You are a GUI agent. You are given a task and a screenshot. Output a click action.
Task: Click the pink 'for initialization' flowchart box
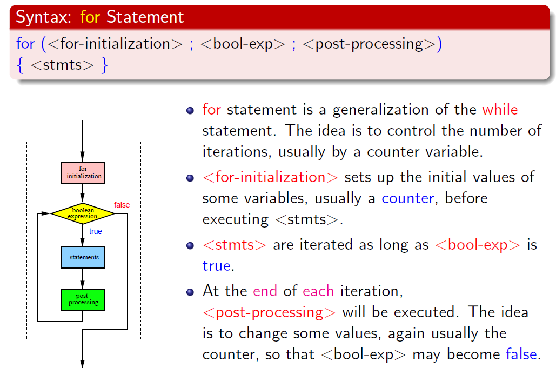(83, 173)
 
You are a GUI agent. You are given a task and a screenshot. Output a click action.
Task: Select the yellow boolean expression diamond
(83, 213)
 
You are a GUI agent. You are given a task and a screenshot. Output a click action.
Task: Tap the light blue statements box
(83, 257)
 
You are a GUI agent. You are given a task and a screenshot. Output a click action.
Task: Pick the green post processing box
(83, 299)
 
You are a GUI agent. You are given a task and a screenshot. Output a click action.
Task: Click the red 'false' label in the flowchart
(122, 205)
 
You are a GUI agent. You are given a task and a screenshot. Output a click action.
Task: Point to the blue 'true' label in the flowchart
(96, 231)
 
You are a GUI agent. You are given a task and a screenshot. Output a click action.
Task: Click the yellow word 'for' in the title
(90, 17)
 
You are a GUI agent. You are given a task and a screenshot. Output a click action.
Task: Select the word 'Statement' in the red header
(145, 17)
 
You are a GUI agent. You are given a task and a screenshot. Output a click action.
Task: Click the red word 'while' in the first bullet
(500, 109)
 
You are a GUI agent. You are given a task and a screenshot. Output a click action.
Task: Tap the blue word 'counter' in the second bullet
(408, 198)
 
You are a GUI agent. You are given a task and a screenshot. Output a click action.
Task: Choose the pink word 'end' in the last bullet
(265, 291)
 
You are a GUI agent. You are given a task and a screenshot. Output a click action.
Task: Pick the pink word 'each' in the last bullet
(318, 291)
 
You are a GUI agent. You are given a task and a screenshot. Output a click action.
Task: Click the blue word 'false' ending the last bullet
(521, 354)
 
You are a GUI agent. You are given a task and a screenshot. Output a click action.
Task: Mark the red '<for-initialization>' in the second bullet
(270, 177)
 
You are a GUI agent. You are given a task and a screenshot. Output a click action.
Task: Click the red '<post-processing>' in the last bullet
(269, 313)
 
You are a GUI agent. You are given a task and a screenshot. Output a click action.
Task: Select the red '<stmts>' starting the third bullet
(235, 245)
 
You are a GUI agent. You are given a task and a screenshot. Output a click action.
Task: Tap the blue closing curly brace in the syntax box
(104, 65)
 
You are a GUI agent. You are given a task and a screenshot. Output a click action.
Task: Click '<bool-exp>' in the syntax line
(243, 44)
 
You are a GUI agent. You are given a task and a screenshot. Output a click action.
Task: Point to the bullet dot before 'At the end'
(190, 292)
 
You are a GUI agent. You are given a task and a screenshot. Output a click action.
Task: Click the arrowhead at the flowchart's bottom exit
(82, 364)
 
